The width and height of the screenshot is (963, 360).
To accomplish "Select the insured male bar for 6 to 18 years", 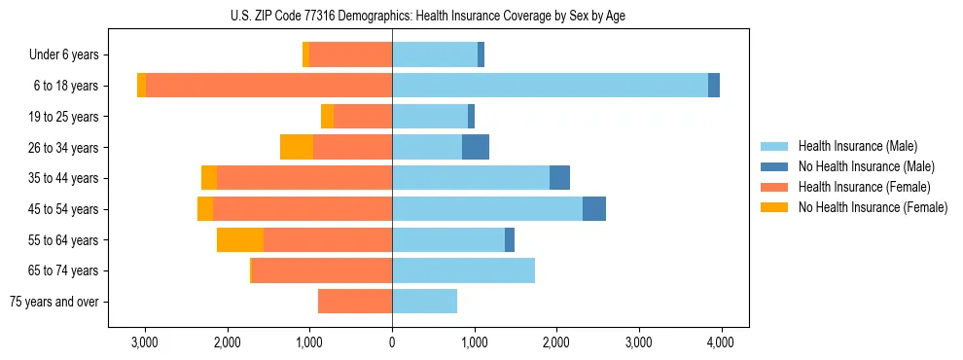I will [550, 86].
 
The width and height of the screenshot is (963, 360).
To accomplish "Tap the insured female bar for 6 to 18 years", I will [268, 86].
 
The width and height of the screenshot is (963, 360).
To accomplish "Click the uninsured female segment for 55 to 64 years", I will [240, 239].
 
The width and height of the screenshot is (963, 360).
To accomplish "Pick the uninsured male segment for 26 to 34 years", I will [476, 147].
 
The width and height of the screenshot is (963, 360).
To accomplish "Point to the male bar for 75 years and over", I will [424, 302].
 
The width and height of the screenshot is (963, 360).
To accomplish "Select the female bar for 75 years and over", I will [355, 302].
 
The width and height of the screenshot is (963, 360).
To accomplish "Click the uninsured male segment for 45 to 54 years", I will [594, 208].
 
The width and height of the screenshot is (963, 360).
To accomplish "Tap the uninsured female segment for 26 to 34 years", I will [297, 147].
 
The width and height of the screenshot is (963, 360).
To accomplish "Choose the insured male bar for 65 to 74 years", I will [463, 270].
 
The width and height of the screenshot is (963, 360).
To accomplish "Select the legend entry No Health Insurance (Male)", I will [866, 166].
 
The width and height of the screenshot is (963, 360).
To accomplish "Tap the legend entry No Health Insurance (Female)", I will [873, 207].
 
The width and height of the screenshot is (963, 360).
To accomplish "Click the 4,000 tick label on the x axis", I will [721, 342].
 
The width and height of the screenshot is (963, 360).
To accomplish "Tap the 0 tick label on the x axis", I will [392, 342].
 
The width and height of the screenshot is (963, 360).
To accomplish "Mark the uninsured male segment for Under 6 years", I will [481, 55].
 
